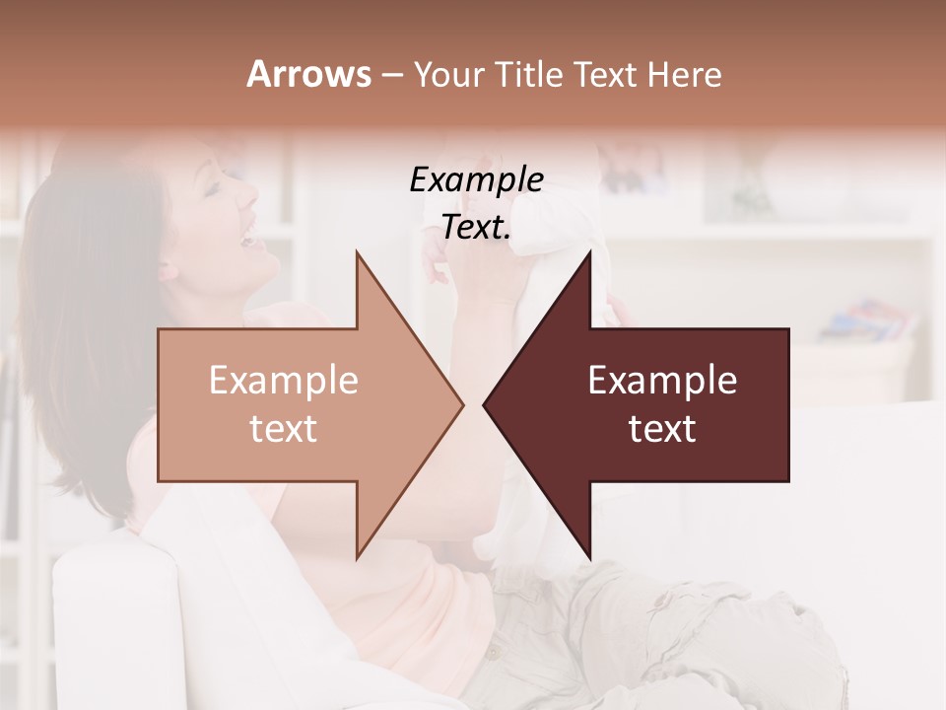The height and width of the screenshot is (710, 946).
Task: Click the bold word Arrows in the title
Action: [x=308, y=74]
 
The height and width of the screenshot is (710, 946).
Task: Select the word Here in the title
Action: [x=686, y=74]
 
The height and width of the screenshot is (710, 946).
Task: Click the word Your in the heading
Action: [x=447, y=74]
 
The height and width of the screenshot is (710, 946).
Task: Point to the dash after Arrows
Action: [x=391, y=75]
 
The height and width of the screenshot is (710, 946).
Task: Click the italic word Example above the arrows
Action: [x=476, y=179]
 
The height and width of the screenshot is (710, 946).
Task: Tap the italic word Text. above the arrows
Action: [x=476, y=228]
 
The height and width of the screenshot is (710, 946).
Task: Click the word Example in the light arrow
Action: [x=283, y=380]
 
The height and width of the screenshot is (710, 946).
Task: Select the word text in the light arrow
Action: [x=283, y=428]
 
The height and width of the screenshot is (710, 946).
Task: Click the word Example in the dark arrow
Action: [x=662, y=380]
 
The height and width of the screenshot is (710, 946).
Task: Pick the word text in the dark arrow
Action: [x=662, y=428]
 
